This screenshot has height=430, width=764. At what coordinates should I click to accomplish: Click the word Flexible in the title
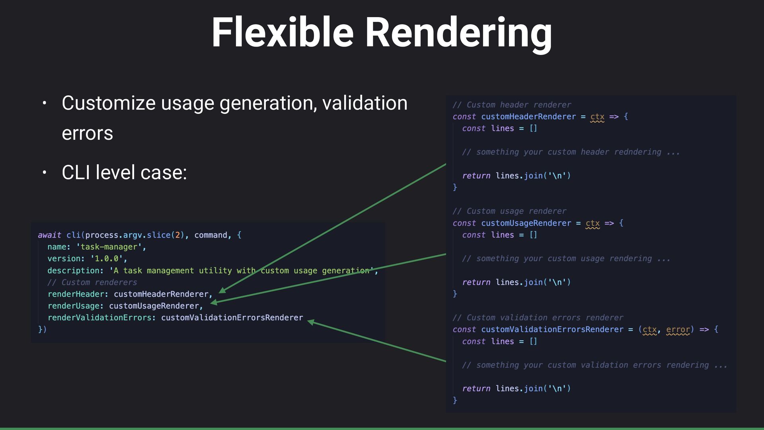(282, 33)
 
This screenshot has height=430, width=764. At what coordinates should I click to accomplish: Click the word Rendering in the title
(458, 33)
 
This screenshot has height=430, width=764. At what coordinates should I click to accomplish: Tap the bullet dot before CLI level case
(45, 173)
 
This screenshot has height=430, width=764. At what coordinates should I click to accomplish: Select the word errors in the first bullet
(87, 133)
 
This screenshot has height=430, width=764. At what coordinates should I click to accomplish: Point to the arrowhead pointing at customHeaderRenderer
(222, 291)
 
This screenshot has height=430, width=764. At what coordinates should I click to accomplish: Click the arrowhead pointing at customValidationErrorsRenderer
(311, 322)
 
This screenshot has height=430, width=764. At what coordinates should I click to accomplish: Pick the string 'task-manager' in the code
(109, 247)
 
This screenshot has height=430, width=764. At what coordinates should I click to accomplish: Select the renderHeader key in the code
(76, 294)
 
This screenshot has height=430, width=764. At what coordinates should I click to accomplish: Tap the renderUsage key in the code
(74, 306)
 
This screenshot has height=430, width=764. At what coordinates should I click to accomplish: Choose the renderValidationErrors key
(99, 318)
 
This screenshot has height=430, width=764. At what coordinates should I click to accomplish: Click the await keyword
(49, 235)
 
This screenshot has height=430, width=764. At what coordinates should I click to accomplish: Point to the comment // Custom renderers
(92, 282)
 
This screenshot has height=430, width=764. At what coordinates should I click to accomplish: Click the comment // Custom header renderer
(512, 105)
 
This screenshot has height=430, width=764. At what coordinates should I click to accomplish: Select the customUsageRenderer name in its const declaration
(526, 223)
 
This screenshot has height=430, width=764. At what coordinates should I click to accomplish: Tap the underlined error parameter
(678, 330)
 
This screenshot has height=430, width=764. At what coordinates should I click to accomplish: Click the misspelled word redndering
(637, 152)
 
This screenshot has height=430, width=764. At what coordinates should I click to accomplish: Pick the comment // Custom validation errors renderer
(538, 318)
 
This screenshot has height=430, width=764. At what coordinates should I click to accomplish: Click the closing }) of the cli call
(42, 329)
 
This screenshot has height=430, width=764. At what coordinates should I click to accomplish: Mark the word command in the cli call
(210, 235)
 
